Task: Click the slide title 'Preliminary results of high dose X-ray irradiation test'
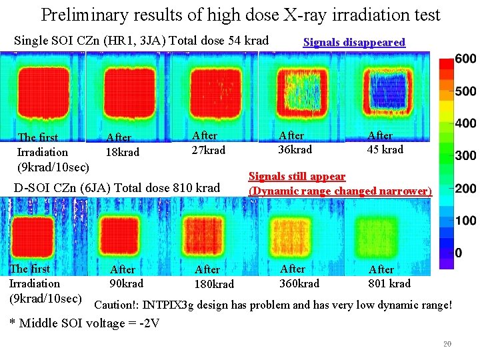240,15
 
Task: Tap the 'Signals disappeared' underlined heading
354,43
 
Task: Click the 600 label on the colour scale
465,59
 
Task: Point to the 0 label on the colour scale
459,253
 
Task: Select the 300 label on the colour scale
465,156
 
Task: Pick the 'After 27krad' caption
208,143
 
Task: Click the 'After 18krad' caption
123,145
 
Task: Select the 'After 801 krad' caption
389,277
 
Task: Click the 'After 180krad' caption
214,277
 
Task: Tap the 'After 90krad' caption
126,276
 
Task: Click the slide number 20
447,344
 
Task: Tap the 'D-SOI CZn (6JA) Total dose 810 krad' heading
117,188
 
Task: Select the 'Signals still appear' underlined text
297,177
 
